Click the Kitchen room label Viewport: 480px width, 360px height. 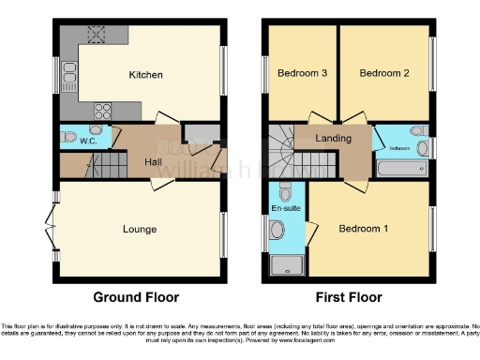coord(145,75)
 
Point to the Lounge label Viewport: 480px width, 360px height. coord(140,229)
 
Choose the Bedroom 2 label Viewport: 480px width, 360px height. coord(384,73)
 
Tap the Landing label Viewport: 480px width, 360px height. coord(334,139)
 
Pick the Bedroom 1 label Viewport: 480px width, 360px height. coord(363,229)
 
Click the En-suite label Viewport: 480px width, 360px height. coord(286,207)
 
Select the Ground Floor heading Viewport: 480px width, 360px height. coord(136,297)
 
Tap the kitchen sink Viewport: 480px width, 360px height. coord(69,78)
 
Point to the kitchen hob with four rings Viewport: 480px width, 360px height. coord(101,111)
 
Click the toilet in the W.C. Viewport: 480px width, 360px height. coord(68,137)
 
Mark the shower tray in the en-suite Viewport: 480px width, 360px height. coord(285,265)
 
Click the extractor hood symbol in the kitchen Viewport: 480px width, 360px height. coord(97,35)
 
